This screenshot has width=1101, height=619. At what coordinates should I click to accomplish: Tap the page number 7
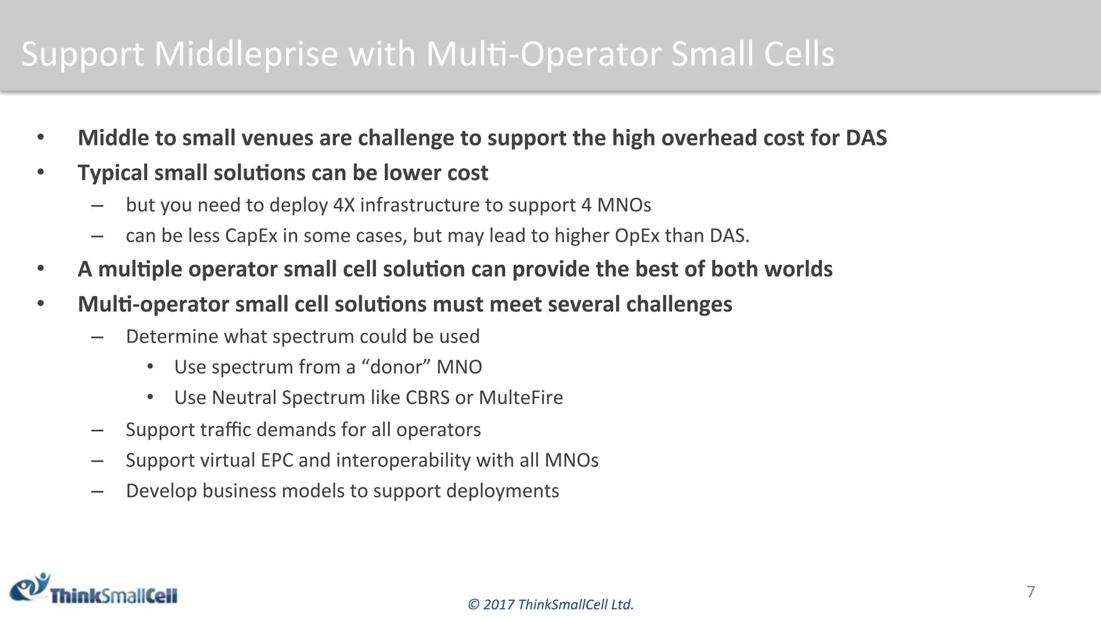(1030, 592)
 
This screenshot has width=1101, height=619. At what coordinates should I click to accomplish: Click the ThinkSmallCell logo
(94, 589)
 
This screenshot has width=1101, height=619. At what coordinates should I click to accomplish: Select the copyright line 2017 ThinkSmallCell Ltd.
(550, 604)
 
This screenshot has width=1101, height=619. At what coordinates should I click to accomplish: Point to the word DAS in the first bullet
(866, 138)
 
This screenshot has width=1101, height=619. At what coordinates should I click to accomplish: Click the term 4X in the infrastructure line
(344, 205)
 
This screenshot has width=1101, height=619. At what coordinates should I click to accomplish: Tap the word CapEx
(251, 236)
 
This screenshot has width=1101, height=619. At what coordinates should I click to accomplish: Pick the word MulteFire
(520, 398)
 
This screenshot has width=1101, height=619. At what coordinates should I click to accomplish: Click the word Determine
(172, 336)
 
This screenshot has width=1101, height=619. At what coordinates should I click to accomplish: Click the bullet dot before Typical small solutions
(41, 172)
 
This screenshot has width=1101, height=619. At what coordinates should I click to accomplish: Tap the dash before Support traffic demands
(97, 430)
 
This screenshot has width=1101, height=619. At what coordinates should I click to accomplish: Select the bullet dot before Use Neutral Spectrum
(151, 397)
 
